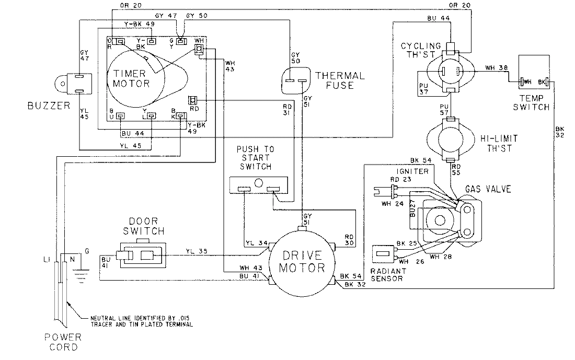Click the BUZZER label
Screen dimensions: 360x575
[x=48, y=107]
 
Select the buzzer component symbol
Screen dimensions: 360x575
[x=73, y=84]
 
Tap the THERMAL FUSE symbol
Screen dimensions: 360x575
[x=296, y=81]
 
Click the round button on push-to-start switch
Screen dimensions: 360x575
[x=258, y=183]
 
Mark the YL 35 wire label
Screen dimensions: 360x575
[x=197, y=250]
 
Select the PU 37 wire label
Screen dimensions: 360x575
[x=424, y=89]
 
